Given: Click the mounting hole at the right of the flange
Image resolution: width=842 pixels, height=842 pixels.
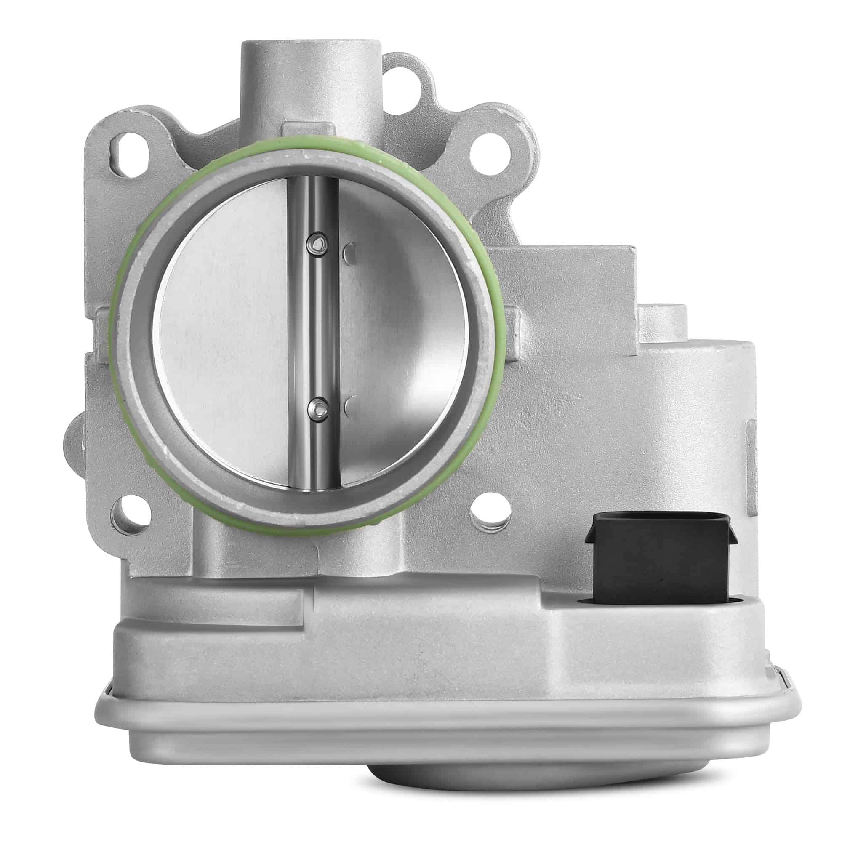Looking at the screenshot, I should point(490,154).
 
